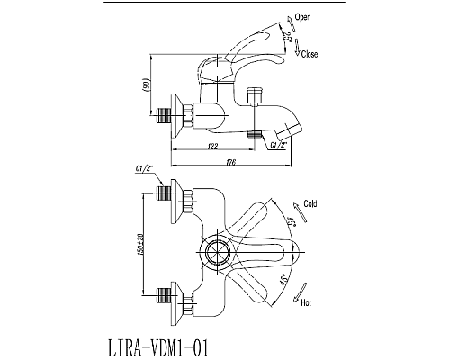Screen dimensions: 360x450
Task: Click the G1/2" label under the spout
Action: coord(277,145)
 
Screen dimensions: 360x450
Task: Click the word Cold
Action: coord(311,204)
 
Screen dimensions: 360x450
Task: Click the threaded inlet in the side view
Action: coord(163,116)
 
